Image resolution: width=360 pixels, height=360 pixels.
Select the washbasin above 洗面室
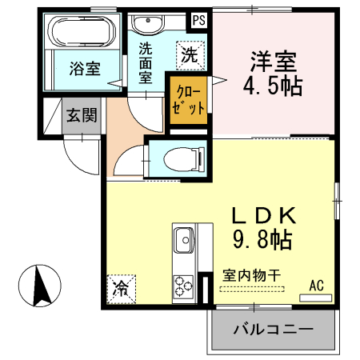(146, 25)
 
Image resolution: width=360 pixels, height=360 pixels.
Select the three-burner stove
(183, 284)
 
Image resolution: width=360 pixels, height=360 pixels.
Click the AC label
(316, 284)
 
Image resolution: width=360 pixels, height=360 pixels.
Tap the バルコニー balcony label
(272, 329)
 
